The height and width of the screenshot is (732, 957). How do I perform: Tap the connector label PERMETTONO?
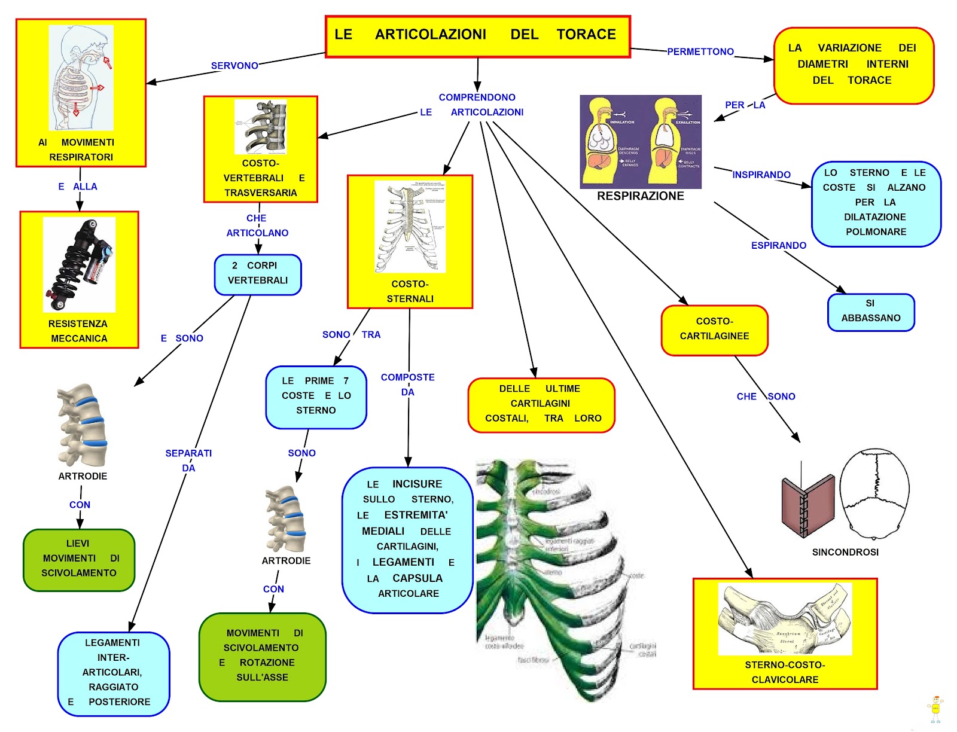click(x=700, y=52)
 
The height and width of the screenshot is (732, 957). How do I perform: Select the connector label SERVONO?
click(x=234, y=66)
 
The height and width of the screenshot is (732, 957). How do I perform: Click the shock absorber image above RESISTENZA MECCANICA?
click(x=79, y=264)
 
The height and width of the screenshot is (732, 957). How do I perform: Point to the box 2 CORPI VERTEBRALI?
click(x=258, y=274)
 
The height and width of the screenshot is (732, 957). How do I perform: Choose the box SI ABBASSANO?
click(x=871, y=312)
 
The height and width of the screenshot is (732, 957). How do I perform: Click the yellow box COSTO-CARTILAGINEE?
click(x=714, y=330)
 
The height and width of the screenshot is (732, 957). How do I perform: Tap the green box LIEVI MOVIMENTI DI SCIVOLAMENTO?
click(x=79, y=559)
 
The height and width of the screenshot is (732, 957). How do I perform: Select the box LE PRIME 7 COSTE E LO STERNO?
click(x=316, y=396)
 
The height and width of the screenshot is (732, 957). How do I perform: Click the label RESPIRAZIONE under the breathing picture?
click(x=640, y=196)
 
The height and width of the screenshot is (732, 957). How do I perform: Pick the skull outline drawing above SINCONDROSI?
click(x=874, y=496)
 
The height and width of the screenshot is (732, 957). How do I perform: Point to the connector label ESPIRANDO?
click(x=778, y=246)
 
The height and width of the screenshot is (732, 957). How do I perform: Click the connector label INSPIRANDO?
click(x=761, y=175)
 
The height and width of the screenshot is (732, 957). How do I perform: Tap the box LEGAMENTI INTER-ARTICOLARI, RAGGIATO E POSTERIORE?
click(x=113, y=673)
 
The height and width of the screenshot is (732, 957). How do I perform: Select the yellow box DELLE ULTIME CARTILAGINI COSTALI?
click(x=541, y=404)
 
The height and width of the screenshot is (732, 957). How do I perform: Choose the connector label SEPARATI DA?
click(x=188, y=460)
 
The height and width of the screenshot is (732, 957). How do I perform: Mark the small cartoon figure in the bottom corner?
click(x=935, y=709)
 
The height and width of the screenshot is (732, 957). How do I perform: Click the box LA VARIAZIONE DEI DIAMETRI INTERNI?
click(x=853, y=65)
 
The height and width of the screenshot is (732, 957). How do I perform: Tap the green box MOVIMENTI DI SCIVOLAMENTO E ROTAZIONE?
click(x=262, y=656)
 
